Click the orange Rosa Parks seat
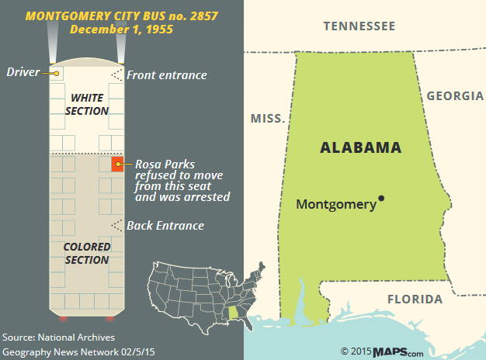(118, 164)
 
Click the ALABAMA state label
(361, 147)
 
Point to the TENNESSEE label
(359, 26)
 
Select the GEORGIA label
(454, 96)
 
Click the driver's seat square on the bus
(57, 73)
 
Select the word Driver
(23, 72)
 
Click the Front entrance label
(167, 75)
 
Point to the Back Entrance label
(165, 226)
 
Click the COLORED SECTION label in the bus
(87, 254)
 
